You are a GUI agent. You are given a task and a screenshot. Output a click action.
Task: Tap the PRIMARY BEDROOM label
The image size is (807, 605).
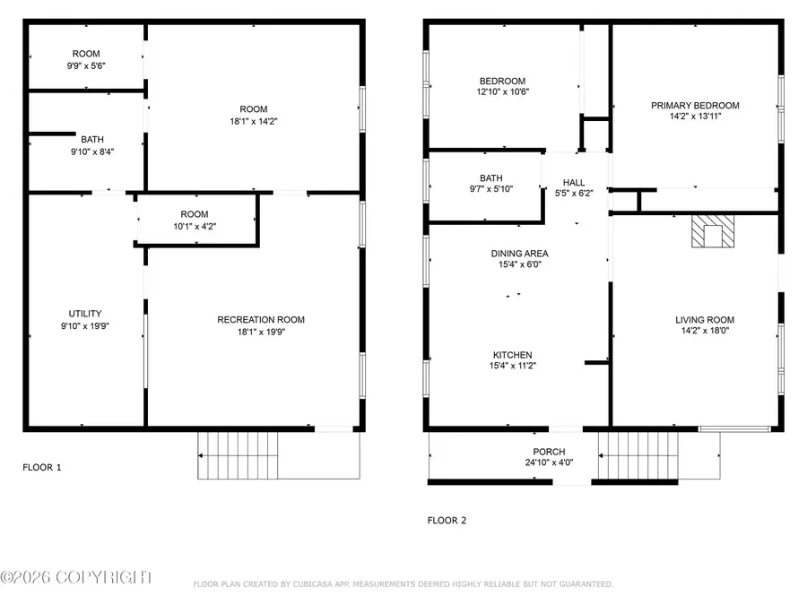[695, 105]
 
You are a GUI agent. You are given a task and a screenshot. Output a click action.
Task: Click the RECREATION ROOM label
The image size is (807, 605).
[261, 320]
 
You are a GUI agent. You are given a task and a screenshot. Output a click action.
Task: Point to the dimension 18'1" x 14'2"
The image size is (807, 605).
[254, 121]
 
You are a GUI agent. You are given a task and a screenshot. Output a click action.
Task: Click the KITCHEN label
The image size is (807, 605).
[512, 355]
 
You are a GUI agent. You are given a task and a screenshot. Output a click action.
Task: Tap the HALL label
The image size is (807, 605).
[574, 181]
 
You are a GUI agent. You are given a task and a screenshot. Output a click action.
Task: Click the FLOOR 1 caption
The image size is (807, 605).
[42, 467]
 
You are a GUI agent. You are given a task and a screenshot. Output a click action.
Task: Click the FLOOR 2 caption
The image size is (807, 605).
[447, 520]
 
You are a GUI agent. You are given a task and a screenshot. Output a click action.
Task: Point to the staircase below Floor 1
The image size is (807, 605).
[238, 454]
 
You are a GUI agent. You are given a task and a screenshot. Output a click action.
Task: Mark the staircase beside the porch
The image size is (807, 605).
[638, 454]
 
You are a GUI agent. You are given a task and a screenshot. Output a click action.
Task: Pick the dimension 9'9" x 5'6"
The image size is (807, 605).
[86, 65]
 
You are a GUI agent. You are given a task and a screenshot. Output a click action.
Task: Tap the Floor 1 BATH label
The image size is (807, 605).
[91, 139]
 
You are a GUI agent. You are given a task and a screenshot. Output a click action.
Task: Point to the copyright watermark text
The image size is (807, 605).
[76, 578]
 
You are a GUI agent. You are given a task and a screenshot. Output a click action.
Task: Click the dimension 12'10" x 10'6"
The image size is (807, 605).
[503, 91]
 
